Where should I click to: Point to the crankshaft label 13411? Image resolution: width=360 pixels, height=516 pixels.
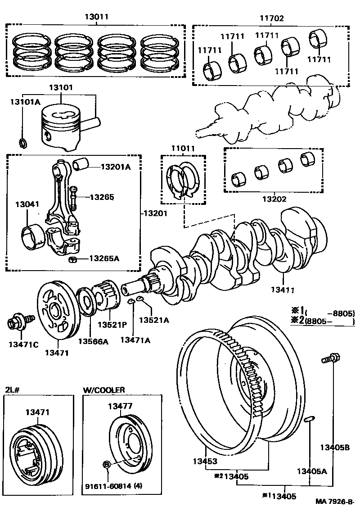282,290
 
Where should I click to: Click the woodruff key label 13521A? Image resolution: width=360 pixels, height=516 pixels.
153,320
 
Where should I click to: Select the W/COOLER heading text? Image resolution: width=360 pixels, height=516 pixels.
104,390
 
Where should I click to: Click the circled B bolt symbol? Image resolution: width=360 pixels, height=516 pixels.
107,464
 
